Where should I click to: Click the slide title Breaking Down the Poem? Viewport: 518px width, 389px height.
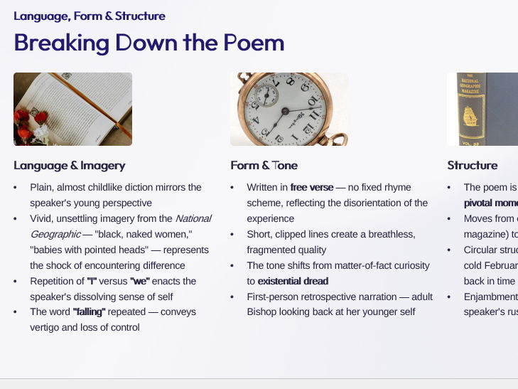149,43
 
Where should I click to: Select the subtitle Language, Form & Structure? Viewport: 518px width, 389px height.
90,16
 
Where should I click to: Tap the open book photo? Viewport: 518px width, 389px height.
72,109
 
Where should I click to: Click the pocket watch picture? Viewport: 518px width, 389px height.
288,109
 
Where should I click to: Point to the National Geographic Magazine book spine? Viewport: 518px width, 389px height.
482,109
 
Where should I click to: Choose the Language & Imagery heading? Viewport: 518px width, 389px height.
69,166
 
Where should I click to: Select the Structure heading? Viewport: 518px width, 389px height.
472,166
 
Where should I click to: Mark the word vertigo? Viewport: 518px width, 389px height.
45,328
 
